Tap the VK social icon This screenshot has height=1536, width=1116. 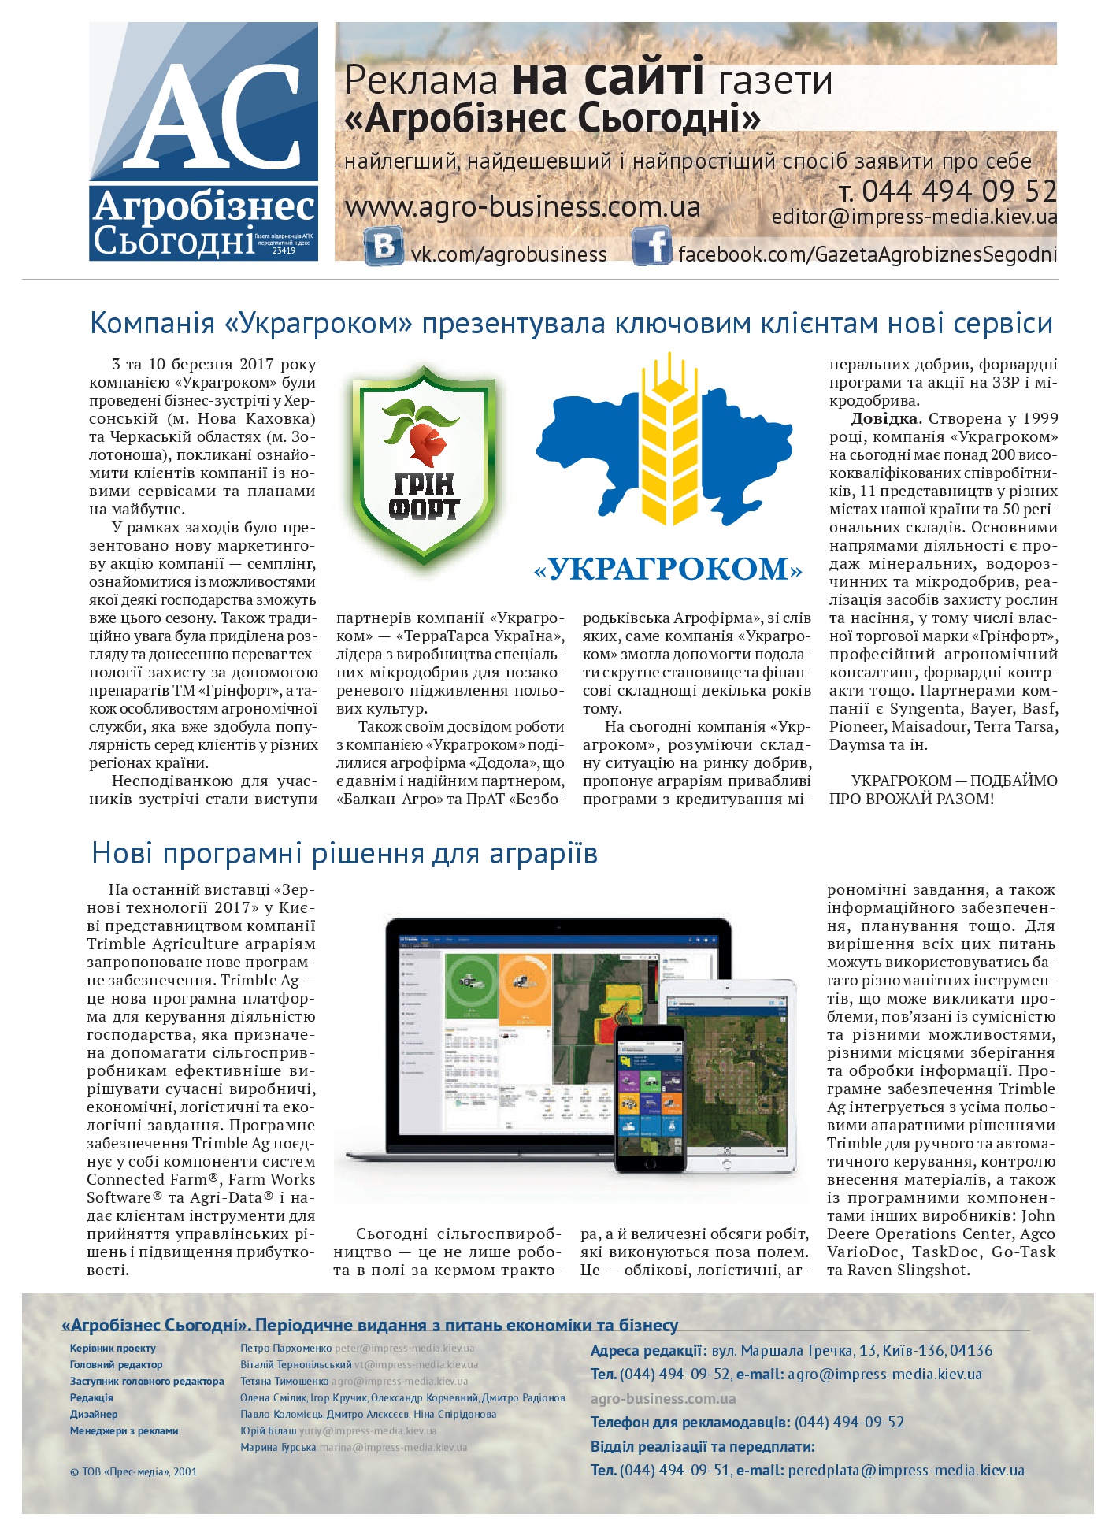[x=384, y=246]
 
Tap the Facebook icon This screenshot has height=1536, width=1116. [x=652, y=246]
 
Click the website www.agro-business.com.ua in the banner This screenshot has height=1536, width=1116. [x=522, y=207]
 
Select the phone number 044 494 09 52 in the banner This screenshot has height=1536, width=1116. [x=958, y=191]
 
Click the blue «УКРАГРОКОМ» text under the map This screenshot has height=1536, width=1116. [x=668, y=569]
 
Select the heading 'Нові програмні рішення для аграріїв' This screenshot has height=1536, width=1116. [x=344, y=853]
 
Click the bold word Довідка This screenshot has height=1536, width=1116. [x=884, y=419]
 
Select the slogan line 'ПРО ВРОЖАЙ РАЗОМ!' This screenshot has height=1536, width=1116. [x=911, y=799]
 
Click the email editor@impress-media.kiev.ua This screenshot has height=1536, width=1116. [x=914, y=217]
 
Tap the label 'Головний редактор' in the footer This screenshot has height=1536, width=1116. [x=116, y=1364]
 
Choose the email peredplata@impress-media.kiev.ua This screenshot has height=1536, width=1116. [x=906, y=1470]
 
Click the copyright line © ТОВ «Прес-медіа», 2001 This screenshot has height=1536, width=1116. [x=133, y=1471]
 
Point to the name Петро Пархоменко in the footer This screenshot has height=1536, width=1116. [x=286, y=1348]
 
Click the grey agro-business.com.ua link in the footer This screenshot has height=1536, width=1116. [x=663, y=1398]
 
